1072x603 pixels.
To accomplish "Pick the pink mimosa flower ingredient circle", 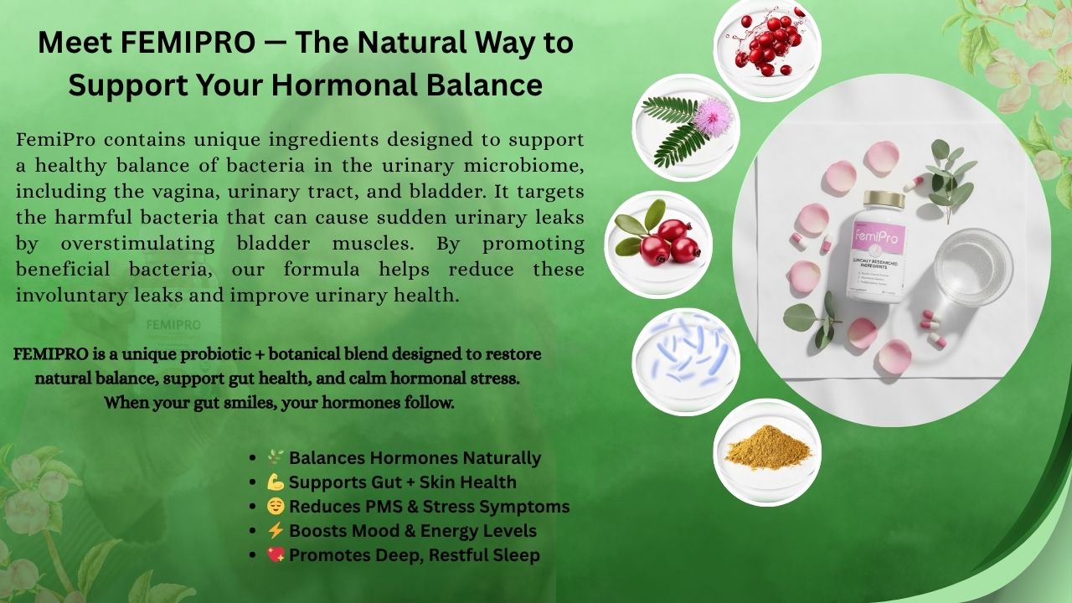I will click(x=686, y=127).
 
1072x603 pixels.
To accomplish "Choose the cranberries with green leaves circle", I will click(x=658, y=245).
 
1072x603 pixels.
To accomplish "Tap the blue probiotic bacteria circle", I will click(x=686, y=361).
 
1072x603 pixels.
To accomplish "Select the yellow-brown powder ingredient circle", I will click(x=766, y=451).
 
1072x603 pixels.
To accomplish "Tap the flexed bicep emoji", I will click(x=276, y=482).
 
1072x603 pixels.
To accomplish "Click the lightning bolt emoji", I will click(x=276, y=531).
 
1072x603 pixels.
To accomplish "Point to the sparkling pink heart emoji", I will click(x=276, y=555).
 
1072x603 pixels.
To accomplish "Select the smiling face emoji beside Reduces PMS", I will click(x=276, y=507).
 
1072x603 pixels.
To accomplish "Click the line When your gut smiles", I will click(x=279, y=403).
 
